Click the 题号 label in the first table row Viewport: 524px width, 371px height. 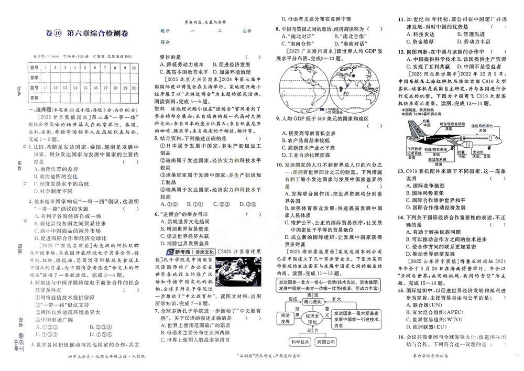point(35,68)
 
